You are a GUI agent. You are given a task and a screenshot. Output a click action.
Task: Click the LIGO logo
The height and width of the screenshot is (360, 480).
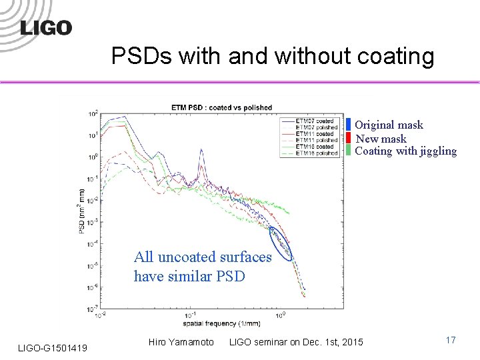click(x=45, y=27)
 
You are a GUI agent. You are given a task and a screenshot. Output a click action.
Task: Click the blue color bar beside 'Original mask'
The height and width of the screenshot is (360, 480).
click(x=349, y=125)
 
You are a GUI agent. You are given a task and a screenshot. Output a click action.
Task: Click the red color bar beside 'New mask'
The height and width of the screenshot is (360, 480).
click(x=349, y=138)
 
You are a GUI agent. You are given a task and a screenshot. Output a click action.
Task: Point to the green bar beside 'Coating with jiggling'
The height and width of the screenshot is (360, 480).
click(x=349, y=151)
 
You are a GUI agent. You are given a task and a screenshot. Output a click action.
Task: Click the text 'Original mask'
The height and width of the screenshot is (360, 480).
click(x=389, y=125)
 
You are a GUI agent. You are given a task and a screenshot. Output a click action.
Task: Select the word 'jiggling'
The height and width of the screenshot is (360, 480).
click(x=438, y=151)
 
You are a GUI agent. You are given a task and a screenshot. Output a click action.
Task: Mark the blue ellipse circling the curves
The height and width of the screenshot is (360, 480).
click(x=281, y=243)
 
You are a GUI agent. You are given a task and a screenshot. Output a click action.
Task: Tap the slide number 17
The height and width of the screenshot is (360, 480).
click(x=451, y=341)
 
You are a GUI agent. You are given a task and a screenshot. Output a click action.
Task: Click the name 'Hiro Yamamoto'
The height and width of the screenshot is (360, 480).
click(x=181, y=342)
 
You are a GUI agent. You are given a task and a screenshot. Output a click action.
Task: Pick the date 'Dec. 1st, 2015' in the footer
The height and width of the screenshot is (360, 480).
click(x=331, y=342)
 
